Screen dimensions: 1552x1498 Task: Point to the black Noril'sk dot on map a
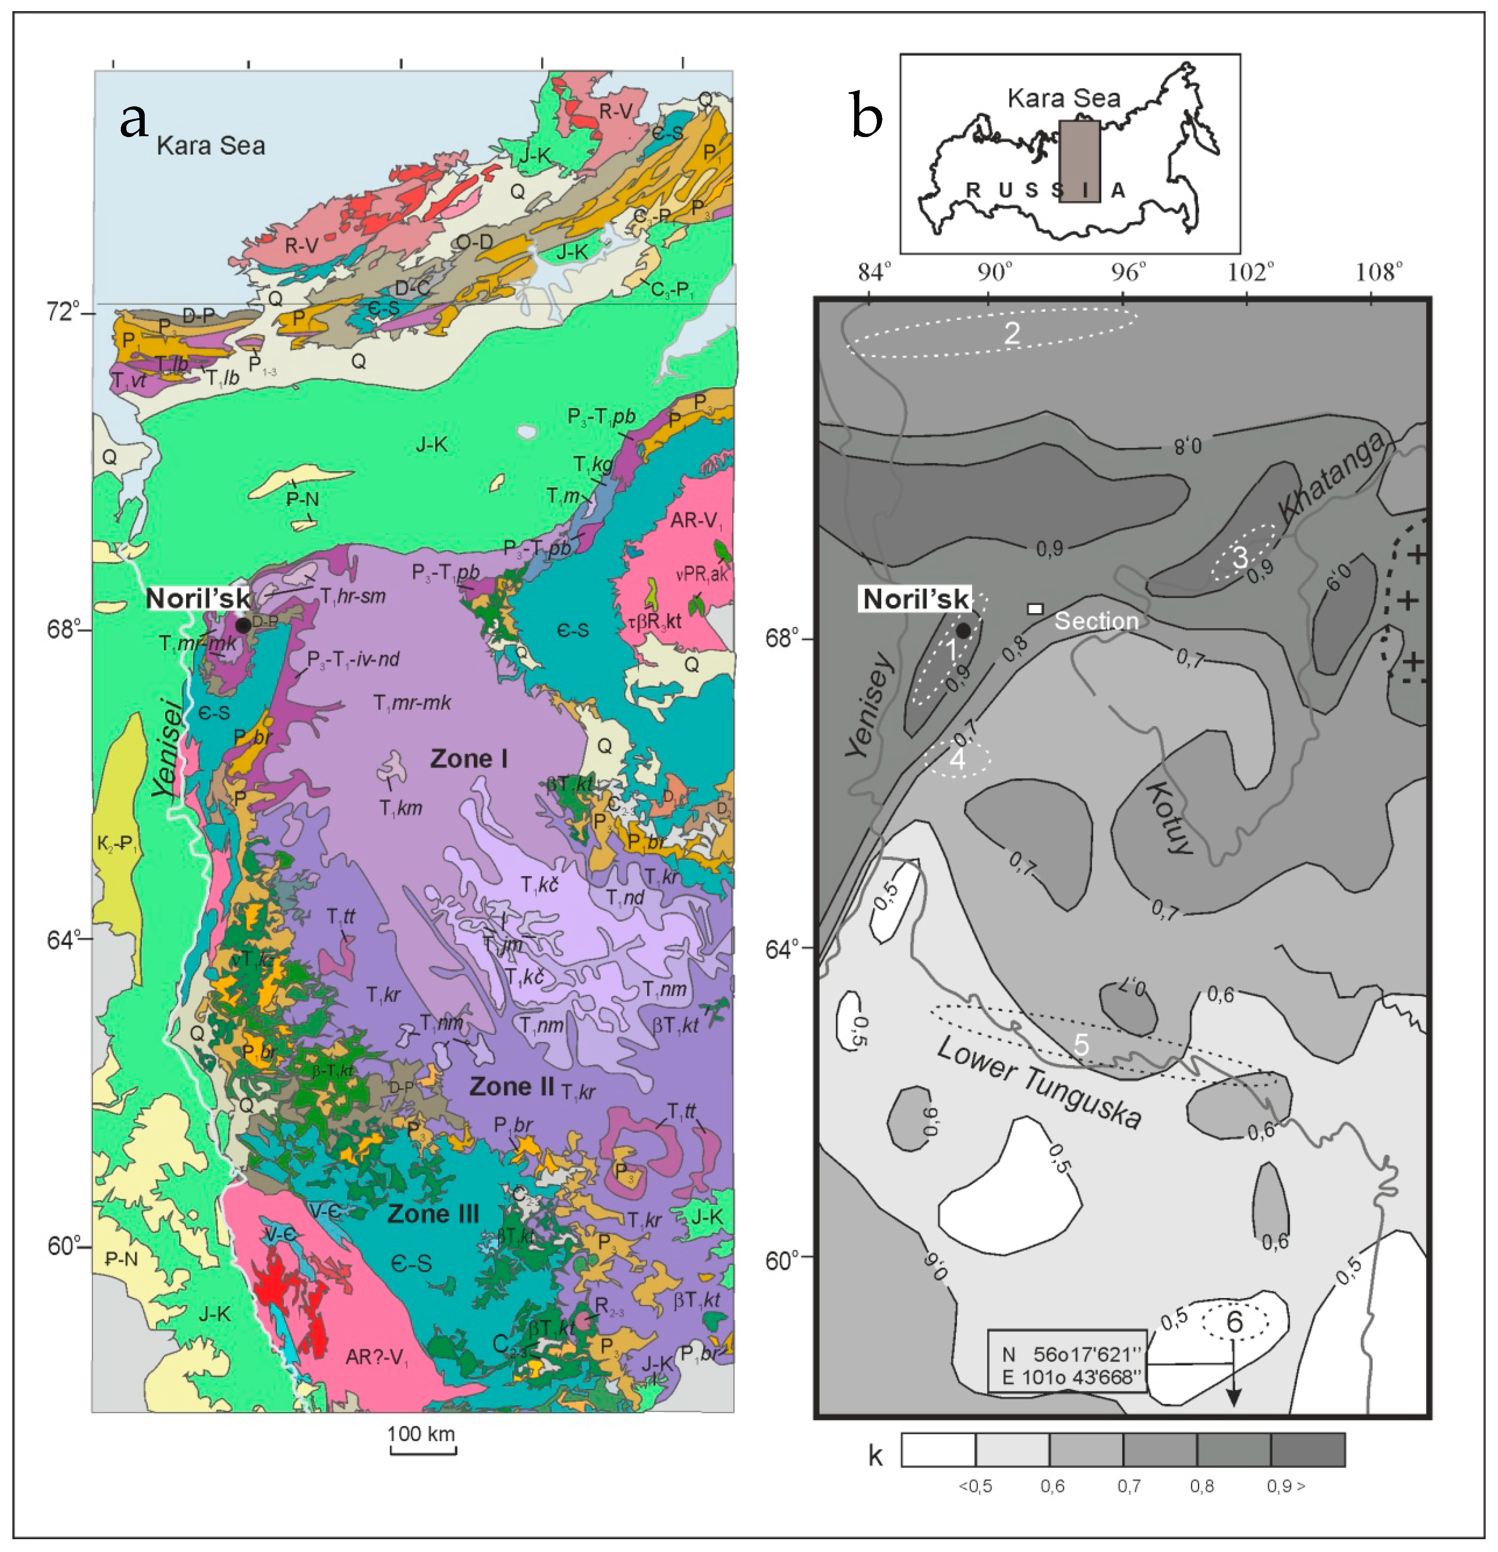click(243, 625)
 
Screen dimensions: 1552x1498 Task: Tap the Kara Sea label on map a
click(210, 146)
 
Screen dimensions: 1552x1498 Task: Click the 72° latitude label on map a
click(63, 311)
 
